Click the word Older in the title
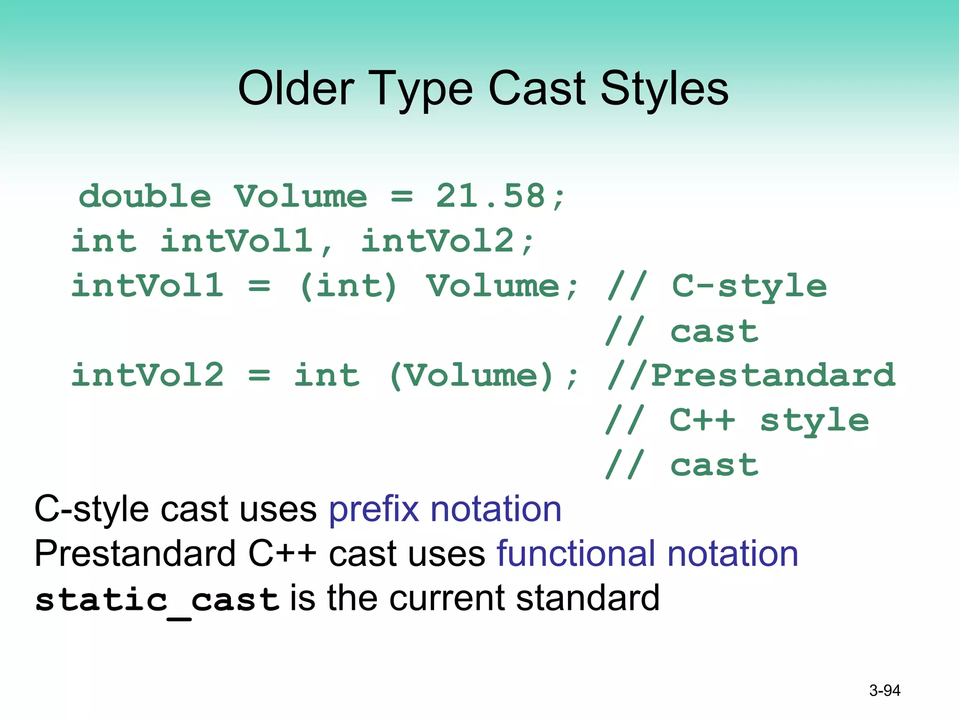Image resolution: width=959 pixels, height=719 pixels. pos(296,88)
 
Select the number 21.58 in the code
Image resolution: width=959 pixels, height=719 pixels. pos(491,196)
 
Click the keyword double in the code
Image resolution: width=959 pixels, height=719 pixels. pos(145,196)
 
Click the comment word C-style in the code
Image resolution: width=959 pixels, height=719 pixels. pos(749,286)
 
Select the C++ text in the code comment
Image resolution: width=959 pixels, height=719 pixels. pos(702,420)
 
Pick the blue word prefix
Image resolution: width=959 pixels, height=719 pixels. pos(374,509)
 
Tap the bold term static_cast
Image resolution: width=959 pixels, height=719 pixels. pos(157,600)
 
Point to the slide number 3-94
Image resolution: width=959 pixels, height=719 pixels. pos(885,690)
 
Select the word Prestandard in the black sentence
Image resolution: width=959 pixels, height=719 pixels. pos(135,554)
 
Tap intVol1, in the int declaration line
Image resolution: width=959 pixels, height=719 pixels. pos(246,241)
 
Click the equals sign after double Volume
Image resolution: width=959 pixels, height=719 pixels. pos(402,197)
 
